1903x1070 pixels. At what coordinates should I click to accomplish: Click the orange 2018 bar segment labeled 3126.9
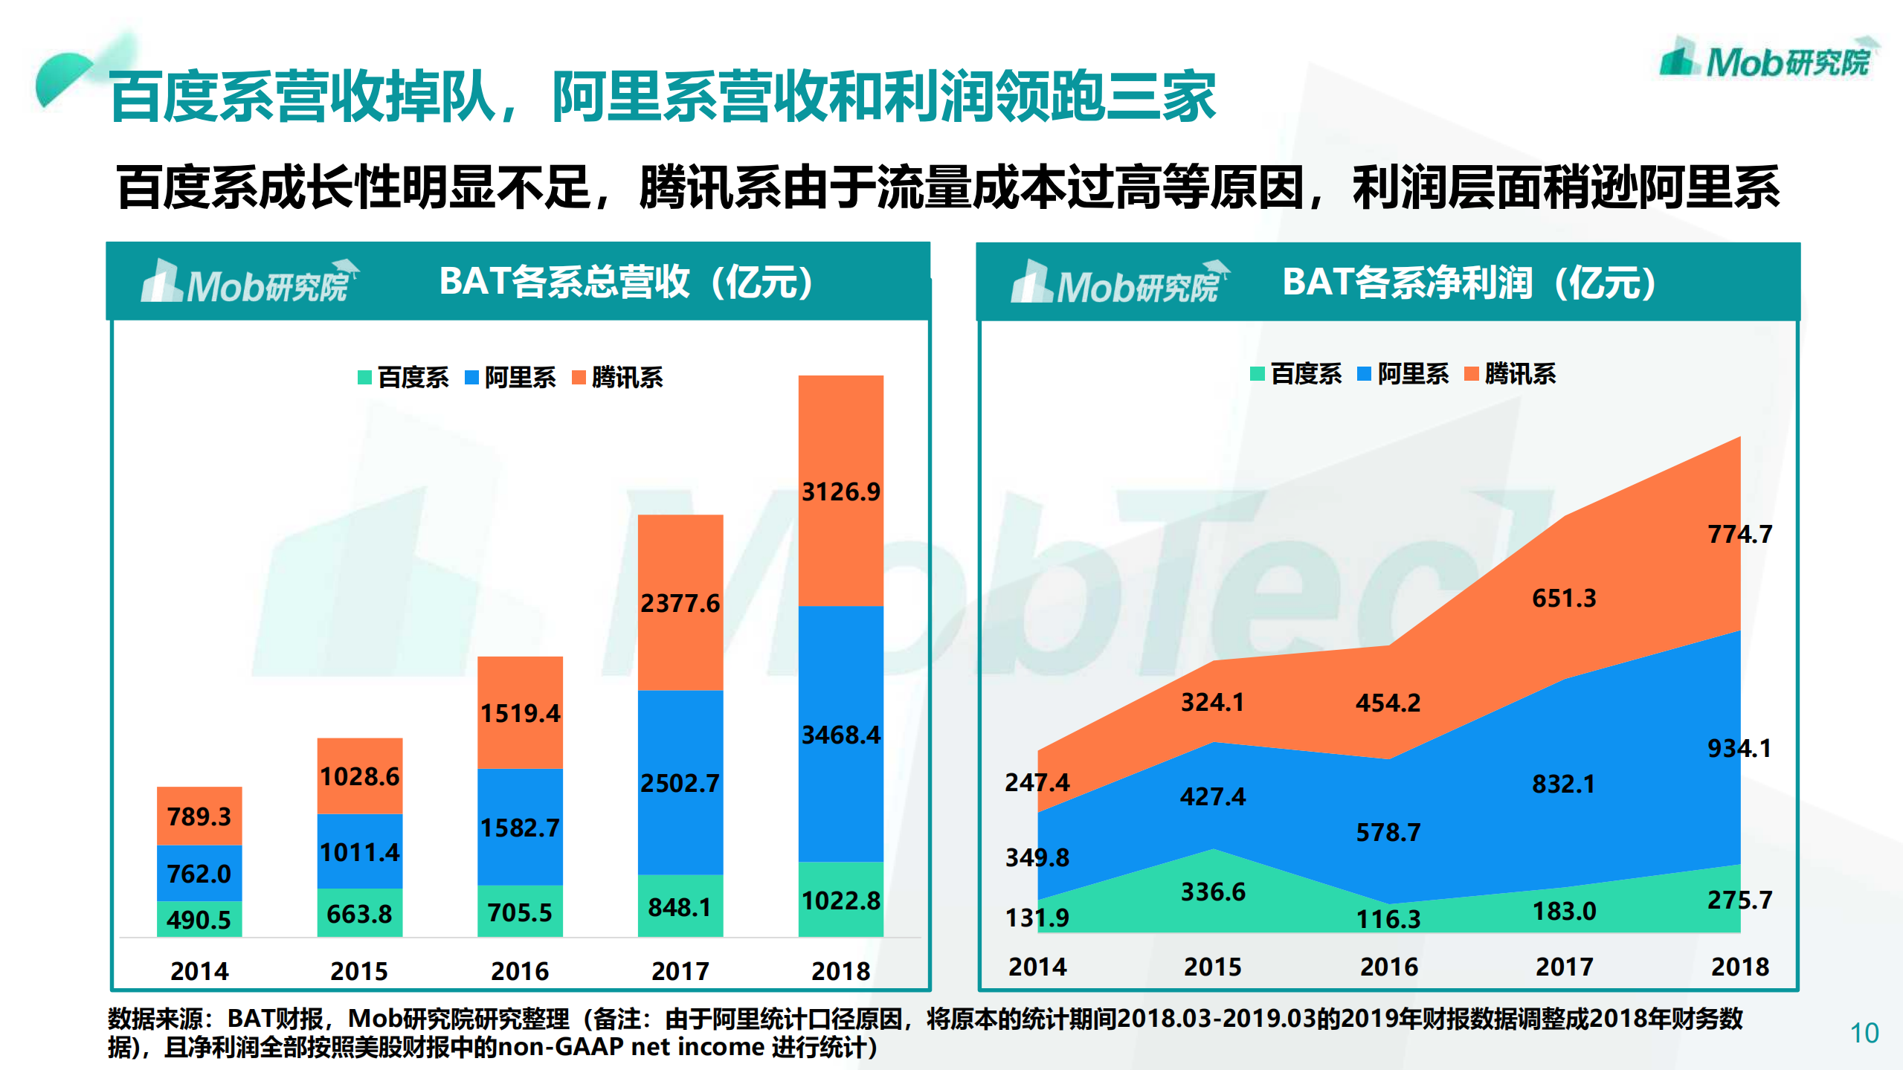840,492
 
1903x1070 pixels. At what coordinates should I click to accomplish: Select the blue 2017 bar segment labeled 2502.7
680,782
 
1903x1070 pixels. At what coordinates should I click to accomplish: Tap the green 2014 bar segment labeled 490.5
199,920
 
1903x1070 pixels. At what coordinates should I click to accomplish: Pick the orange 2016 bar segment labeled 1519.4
520,713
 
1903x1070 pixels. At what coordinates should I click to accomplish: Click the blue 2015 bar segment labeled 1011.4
359,851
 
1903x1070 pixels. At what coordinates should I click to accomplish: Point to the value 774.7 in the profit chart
1739,534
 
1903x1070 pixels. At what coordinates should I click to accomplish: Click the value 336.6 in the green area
1213,892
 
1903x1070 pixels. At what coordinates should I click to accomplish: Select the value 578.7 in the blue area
1388,832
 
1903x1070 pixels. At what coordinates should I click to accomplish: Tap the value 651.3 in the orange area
1564,598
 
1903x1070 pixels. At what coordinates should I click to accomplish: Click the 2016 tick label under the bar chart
520,971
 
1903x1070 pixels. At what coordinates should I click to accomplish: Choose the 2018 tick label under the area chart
1739,967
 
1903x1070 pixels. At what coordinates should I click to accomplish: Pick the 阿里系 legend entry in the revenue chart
511,378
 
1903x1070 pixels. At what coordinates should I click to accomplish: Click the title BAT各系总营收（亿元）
626,282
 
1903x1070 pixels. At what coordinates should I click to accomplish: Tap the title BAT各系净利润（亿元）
1469,283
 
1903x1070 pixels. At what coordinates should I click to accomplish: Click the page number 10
1864,1034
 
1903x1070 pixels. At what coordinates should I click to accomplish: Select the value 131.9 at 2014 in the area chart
1037,918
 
